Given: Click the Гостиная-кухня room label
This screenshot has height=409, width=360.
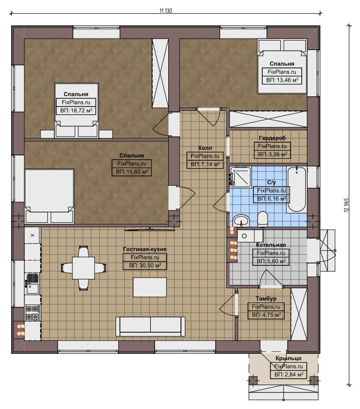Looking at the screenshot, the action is [145, 249].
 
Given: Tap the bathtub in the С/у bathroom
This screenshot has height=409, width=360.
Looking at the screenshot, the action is [296, 190].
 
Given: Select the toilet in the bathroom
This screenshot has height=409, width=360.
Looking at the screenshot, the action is [262, 219].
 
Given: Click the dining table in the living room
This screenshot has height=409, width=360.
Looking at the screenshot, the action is [84, 268].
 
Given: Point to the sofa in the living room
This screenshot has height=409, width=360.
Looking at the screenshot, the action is [150, 326].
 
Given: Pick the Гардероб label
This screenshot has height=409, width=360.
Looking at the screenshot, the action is [272, 138].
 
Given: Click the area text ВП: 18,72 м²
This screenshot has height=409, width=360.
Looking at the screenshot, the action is [76, 110].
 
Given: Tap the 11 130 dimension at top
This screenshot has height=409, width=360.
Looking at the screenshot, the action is [166, 11].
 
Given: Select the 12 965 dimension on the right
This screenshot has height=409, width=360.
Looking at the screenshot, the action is [346, 205].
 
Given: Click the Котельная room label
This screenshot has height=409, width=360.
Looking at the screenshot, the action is [270, 245].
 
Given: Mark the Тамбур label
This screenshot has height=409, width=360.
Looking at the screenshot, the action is [266, 299].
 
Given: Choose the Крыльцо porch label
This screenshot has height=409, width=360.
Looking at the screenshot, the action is [288, 358].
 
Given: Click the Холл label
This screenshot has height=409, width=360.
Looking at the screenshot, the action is [205, 148].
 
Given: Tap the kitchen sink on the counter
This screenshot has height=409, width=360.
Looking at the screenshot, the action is [32, 283].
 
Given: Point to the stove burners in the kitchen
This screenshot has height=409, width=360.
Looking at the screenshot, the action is [32, 313].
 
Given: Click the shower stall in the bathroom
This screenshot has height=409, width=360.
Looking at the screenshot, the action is [240, 177].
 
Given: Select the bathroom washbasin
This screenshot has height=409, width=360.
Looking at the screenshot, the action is [241, 221].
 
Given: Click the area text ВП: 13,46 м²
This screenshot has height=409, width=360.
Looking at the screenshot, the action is [282, 80].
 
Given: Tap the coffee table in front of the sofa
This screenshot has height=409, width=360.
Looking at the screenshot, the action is [150, 287].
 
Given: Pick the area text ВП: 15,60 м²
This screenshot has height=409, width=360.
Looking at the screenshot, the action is [132, 172].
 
